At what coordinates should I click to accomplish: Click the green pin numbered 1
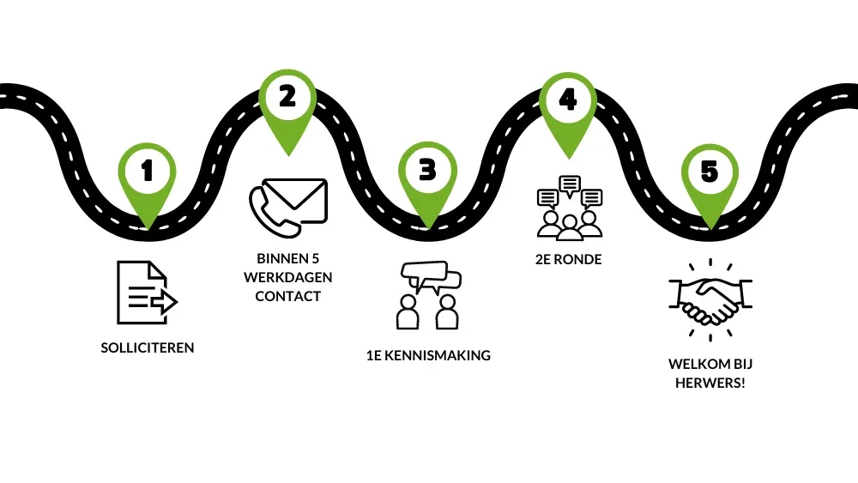(147, 175)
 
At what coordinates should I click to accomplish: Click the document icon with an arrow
(145, 293)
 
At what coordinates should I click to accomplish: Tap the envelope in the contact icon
(297, 198)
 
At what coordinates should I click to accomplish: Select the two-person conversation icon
(428, 295)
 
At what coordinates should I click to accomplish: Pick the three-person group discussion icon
(568, 207)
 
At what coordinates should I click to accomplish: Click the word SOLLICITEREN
(148, 348)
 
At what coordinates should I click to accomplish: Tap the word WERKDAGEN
(287, 277)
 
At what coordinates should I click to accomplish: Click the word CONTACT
(287, 296)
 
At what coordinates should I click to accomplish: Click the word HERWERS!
(709, 383)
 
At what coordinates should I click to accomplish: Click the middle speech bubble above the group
(568, 184)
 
